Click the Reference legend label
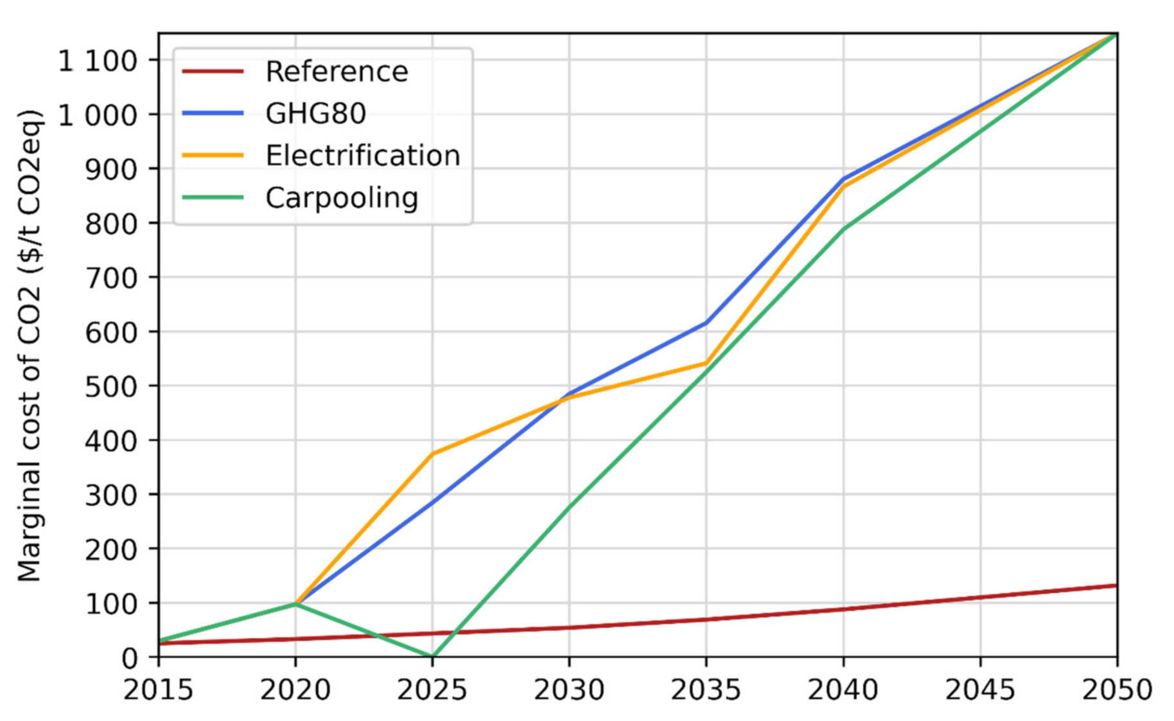(336, 71)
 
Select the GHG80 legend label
(315, 114)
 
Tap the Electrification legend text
(362, 156)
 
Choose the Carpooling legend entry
(341, 197)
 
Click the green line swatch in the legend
(213, 197)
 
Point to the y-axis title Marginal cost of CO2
(30, 346)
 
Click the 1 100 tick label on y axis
(98, 61)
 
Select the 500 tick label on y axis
(111, 386)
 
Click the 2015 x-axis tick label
(158, 690)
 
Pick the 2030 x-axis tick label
(569, 690)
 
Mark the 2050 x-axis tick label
(1117, 690)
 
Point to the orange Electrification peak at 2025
(432, 454)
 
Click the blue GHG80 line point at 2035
(706, 323)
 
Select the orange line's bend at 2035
(706, 364)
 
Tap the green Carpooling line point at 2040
(843, 229)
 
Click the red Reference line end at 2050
(1116, 585)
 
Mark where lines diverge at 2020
(295, 603)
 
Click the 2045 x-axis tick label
(980, 690)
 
